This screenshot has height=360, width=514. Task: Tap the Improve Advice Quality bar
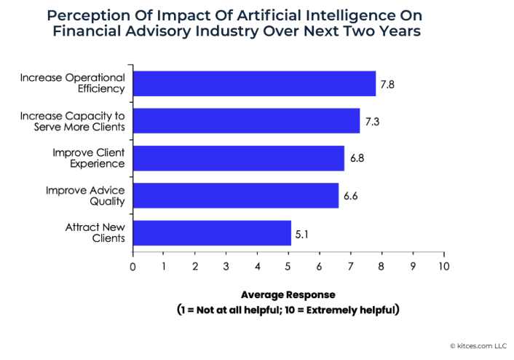coord(235,195)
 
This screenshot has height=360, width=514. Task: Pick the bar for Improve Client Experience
coord(238,158)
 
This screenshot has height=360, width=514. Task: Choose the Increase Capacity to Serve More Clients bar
coord(246,121)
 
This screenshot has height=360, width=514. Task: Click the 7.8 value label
coord(387,85)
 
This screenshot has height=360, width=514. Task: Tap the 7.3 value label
coord(372,122)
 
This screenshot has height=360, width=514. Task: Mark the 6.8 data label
coord(357,159)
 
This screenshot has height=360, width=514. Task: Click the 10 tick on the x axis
coord(443,266)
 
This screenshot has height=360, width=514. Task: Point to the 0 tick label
coord(133,266)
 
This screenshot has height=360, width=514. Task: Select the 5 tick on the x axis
coord(288,266)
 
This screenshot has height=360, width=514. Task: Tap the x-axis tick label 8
coord(381,266)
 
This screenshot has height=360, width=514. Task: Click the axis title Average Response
coord(288,295)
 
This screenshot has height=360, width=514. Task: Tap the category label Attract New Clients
coord(95,232)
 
